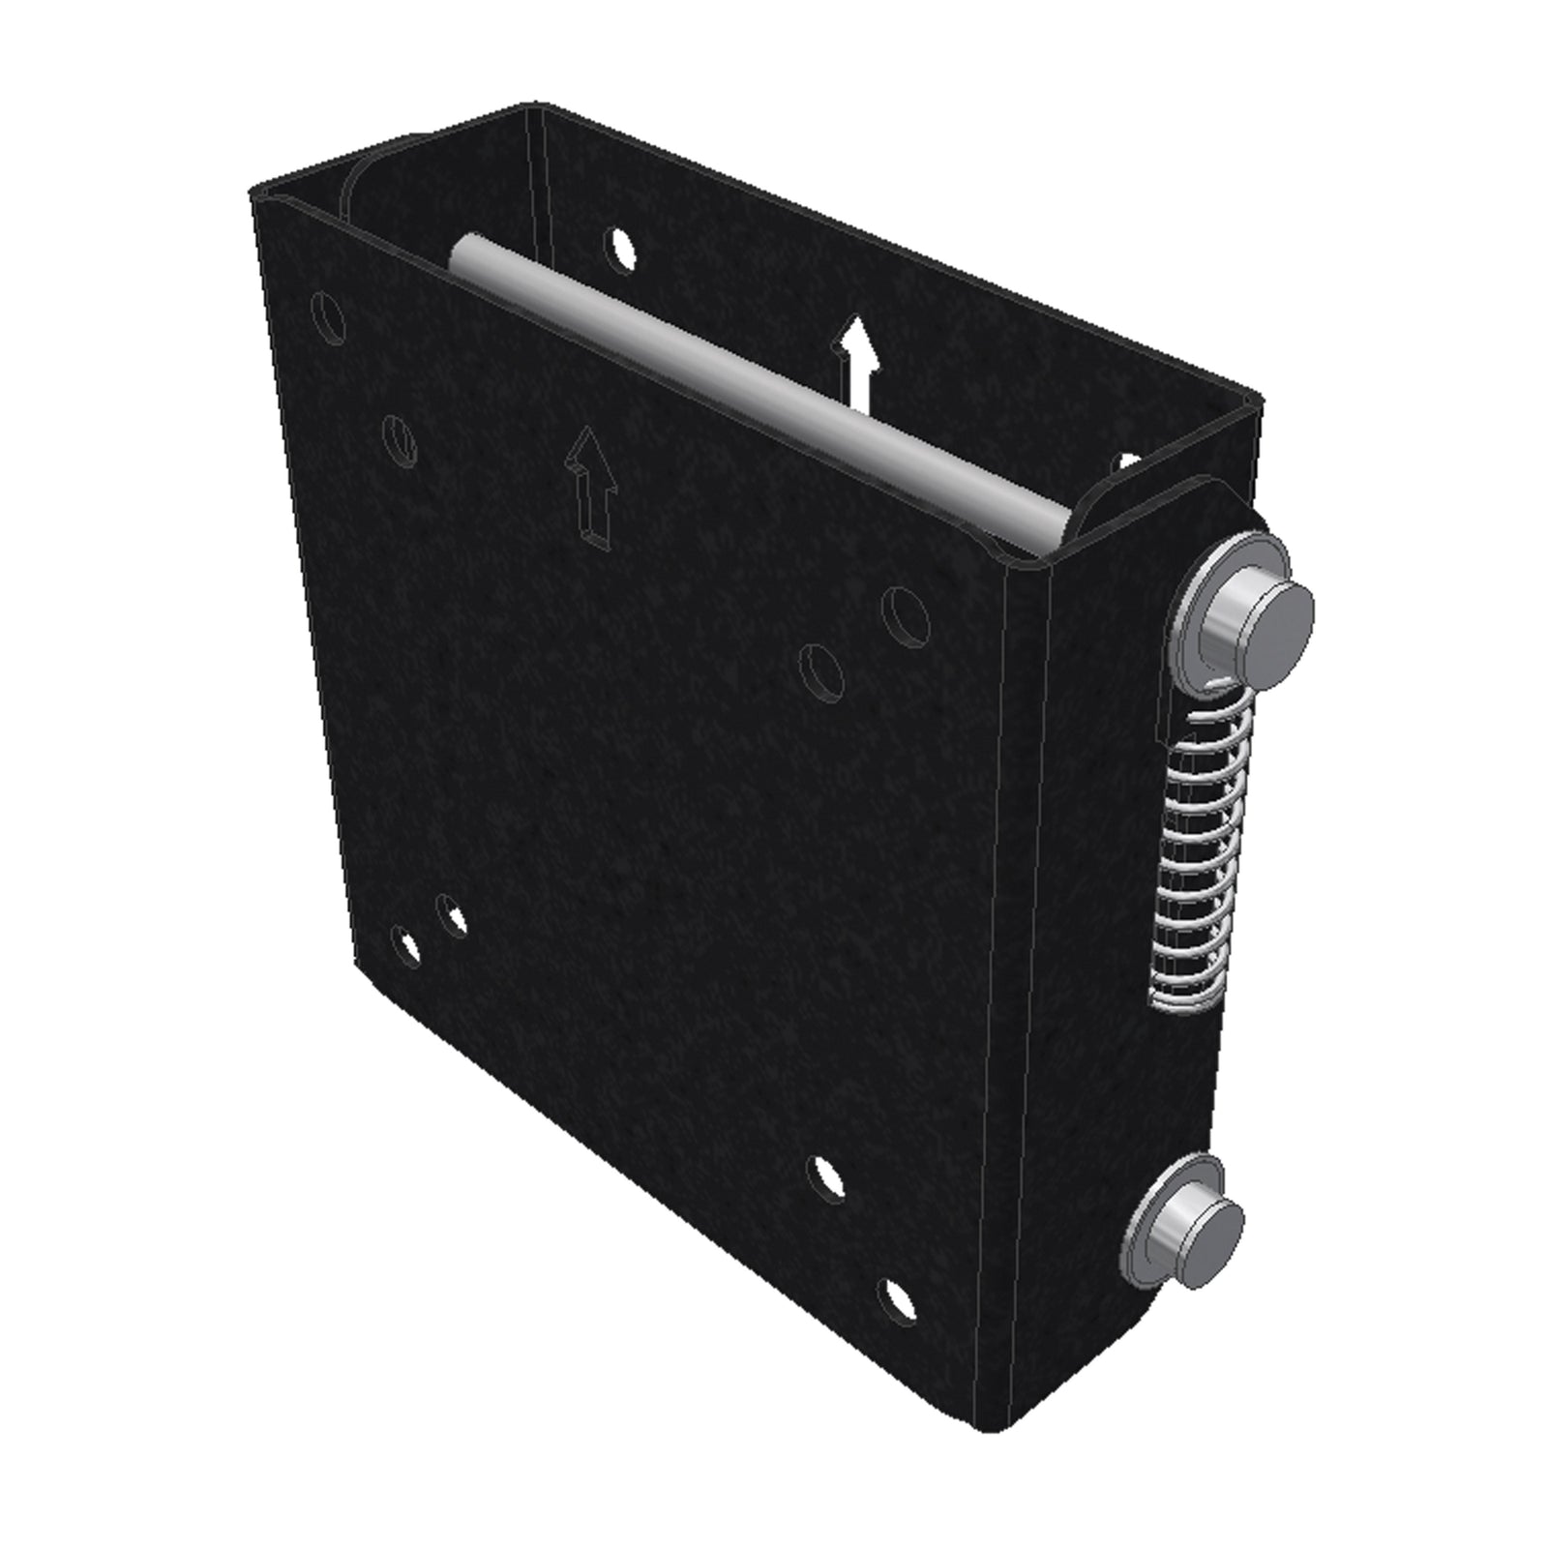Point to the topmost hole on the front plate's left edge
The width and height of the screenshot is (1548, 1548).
[327, 318]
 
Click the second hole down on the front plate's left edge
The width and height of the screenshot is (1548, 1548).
[399, 439]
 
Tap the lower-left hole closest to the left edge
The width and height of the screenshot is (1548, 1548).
[405, 945]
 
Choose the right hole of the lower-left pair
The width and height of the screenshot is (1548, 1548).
[451, 914]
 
